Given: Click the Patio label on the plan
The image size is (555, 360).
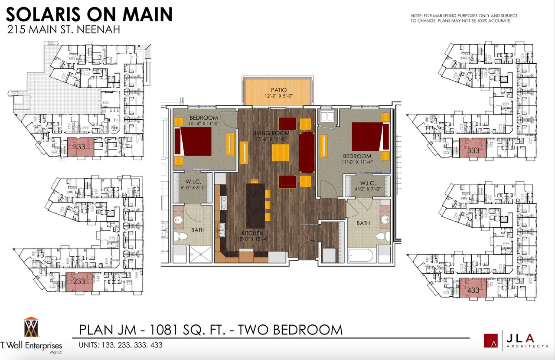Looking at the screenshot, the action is pyautogui.click(x=279, y=90).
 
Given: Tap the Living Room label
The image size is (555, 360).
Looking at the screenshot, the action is pyautogui.click(x=271, y=133).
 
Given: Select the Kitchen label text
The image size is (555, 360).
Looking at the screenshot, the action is pyautogui.click(x=252, y=233).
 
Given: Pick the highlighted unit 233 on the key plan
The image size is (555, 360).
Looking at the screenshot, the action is pyautogui.click(x=79, y=281).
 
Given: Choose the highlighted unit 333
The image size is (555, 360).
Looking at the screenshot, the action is pyautogui.click(x=473, y=148).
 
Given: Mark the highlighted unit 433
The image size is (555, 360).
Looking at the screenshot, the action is pyautogui.click(x=473, y=288).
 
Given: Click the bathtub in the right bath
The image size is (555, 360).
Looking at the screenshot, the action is pyautogui.click(x=360, y=255).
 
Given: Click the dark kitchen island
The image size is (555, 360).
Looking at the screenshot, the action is pyautogui.click(x=255, y=206).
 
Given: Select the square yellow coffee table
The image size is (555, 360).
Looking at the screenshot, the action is pyautogui.click(x=281, y=153).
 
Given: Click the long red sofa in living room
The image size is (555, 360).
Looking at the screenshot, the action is pyautogui.click(x=307, y=153).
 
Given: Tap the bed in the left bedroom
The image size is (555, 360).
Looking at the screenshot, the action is pyautogui.click(x=193, y=141).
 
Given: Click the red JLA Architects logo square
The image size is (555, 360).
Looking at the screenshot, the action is pyautogui.click(x=490, y=340).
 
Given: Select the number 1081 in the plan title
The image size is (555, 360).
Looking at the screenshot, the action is pyautogui.click(x=164, y=330).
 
